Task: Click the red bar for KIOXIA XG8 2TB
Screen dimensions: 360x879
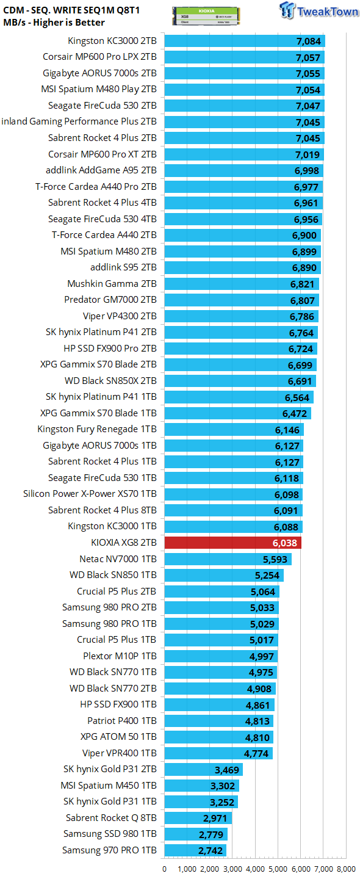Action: click(x=233, y=543)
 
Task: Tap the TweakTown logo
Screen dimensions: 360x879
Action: click(x=319, y=10)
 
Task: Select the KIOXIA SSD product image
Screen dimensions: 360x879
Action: click(x=206, y=16)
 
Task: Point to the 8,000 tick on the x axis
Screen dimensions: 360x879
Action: click(x=347, y=869)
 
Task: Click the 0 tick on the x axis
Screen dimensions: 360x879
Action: click(x=164, y=869)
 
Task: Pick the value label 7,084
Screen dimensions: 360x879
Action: click(x=309, y=42)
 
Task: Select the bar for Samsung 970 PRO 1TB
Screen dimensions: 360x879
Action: click(x=195, y=850)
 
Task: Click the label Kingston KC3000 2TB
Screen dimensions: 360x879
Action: click(x=112, y=41)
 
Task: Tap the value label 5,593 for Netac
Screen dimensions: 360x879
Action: click(x=275, y=559)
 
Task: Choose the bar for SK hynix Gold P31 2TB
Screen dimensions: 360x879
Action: click(x=204, y=770)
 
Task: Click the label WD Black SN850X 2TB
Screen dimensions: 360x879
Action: click(x=110, y=381)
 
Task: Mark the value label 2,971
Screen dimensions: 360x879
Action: click(x=215, y=818)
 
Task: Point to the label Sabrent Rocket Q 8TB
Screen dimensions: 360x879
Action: click(x=112, y=818)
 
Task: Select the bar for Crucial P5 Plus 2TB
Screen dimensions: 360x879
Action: click(x=222, y=591)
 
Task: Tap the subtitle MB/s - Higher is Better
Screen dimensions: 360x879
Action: click(x=54, y=23)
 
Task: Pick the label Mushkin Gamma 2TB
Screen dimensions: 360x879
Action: click(x=112, y=284)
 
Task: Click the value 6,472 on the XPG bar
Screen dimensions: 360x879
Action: click(x=295, y=414)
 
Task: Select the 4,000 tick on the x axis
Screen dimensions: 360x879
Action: click(x=255, y=869)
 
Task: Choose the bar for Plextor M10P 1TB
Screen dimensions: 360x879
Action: click(x=221, y=656)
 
